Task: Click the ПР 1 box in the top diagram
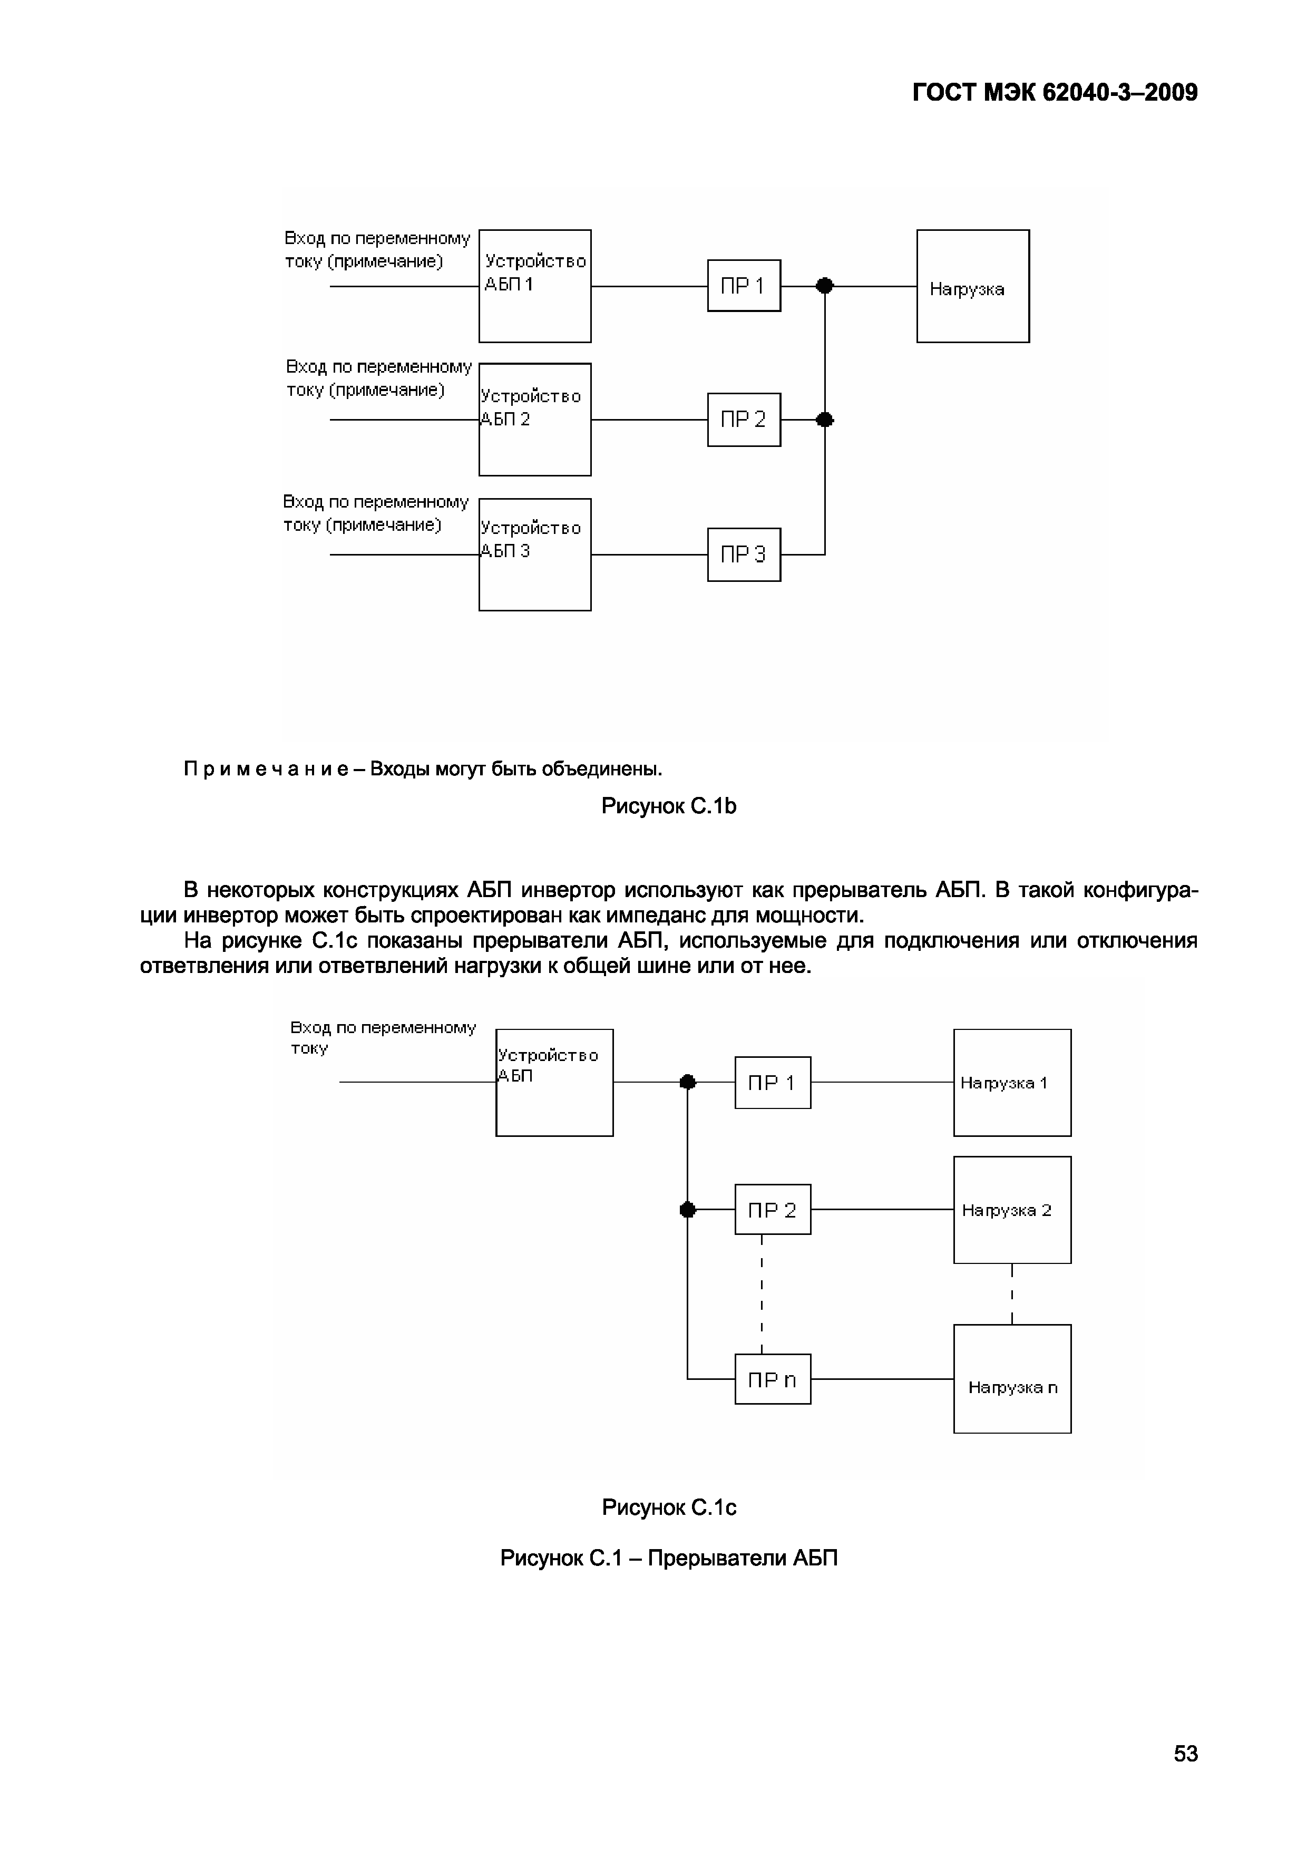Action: [743, 285]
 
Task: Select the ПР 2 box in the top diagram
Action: [743, 420]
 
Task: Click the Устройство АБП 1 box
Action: [535, 286]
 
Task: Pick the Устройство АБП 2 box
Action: [535, 420]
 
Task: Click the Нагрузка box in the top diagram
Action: [972, 286]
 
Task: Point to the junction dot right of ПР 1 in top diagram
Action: [825, 285]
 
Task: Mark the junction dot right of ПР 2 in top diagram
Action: [825, 420]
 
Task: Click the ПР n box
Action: [772, 1379]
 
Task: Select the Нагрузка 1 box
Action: [1011, 1082]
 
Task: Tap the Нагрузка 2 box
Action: [1011, 1210]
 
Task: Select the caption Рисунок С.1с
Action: [668, 1507]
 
